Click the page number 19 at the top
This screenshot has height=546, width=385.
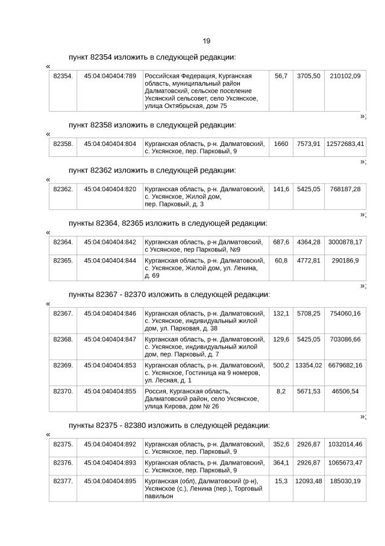click(206, 41)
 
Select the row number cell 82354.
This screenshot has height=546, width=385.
click(63, 76)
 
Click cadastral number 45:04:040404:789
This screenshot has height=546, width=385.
click(110, 76)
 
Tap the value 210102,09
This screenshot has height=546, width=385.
click(345, 76)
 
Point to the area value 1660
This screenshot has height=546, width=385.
click(281, 144)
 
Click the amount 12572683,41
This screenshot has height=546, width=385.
click(345, 144)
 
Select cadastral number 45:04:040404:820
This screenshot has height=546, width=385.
click(110, 189)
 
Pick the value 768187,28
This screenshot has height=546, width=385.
click(345, 189)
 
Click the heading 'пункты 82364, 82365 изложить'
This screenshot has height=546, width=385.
click(167, 223)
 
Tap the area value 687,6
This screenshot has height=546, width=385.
click(281, 242)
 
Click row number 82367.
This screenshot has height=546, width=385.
click(63, 314)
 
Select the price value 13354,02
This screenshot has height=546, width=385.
click(308, 366)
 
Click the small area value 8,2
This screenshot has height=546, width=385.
click(281, 392)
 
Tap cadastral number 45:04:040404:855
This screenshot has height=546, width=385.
click(110, 392)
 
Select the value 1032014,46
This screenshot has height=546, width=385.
click(345, 444)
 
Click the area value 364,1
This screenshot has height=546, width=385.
click(281, 463)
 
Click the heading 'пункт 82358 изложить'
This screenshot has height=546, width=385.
click(152, 125)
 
